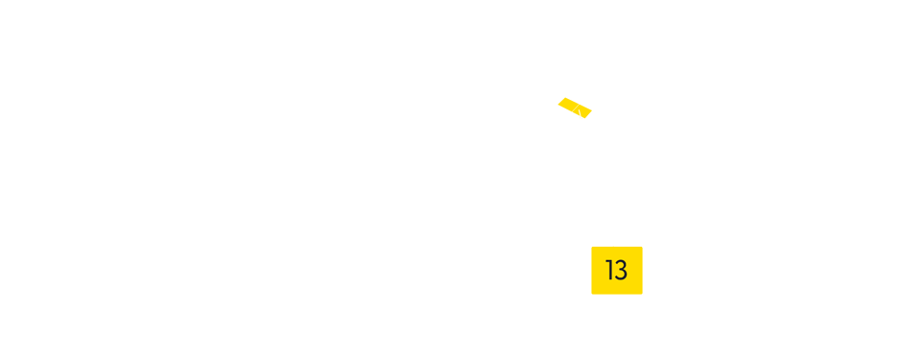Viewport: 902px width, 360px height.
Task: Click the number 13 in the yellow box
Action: pos(616,271)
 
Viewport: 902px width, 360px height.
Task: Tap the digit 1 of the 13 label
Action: pos(609,271)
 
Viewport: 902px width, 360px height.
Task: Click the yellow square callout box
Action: pos(616,270)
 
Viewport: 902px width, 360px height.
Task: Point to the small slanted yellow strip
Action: pos(575,108)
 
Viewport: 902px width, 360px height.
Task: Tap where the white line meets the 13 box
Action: pos(613,246)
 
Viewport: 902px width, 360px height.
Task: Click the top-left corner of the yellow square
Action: pos(592,247)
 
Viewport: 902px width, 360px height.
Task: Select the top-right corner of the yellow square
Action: pos(642,247)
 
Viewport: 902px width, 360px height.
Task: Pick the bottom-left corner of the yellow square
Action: pos(592,294)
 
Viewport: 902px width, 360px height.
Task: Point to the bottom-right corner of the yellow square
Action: pos(642,294)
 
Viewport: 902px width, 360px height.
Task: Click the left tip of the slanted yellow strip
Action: pos(558,102)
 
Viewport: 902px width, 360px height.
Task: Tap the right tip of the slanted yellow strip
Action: pos(591,113)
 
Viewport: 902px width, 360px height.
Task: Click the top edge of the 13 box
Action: pos(617,247)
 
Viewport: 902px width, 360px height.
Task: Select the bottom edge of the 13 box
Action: pos(617,294)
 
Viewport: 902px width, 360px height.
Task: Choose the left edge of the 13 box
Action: pos(592,270)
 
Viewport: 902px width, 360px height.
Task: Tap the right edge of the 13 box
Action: pos(642,270)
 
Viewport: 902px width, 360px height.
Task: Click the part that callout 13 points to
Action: pos(575,108)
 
